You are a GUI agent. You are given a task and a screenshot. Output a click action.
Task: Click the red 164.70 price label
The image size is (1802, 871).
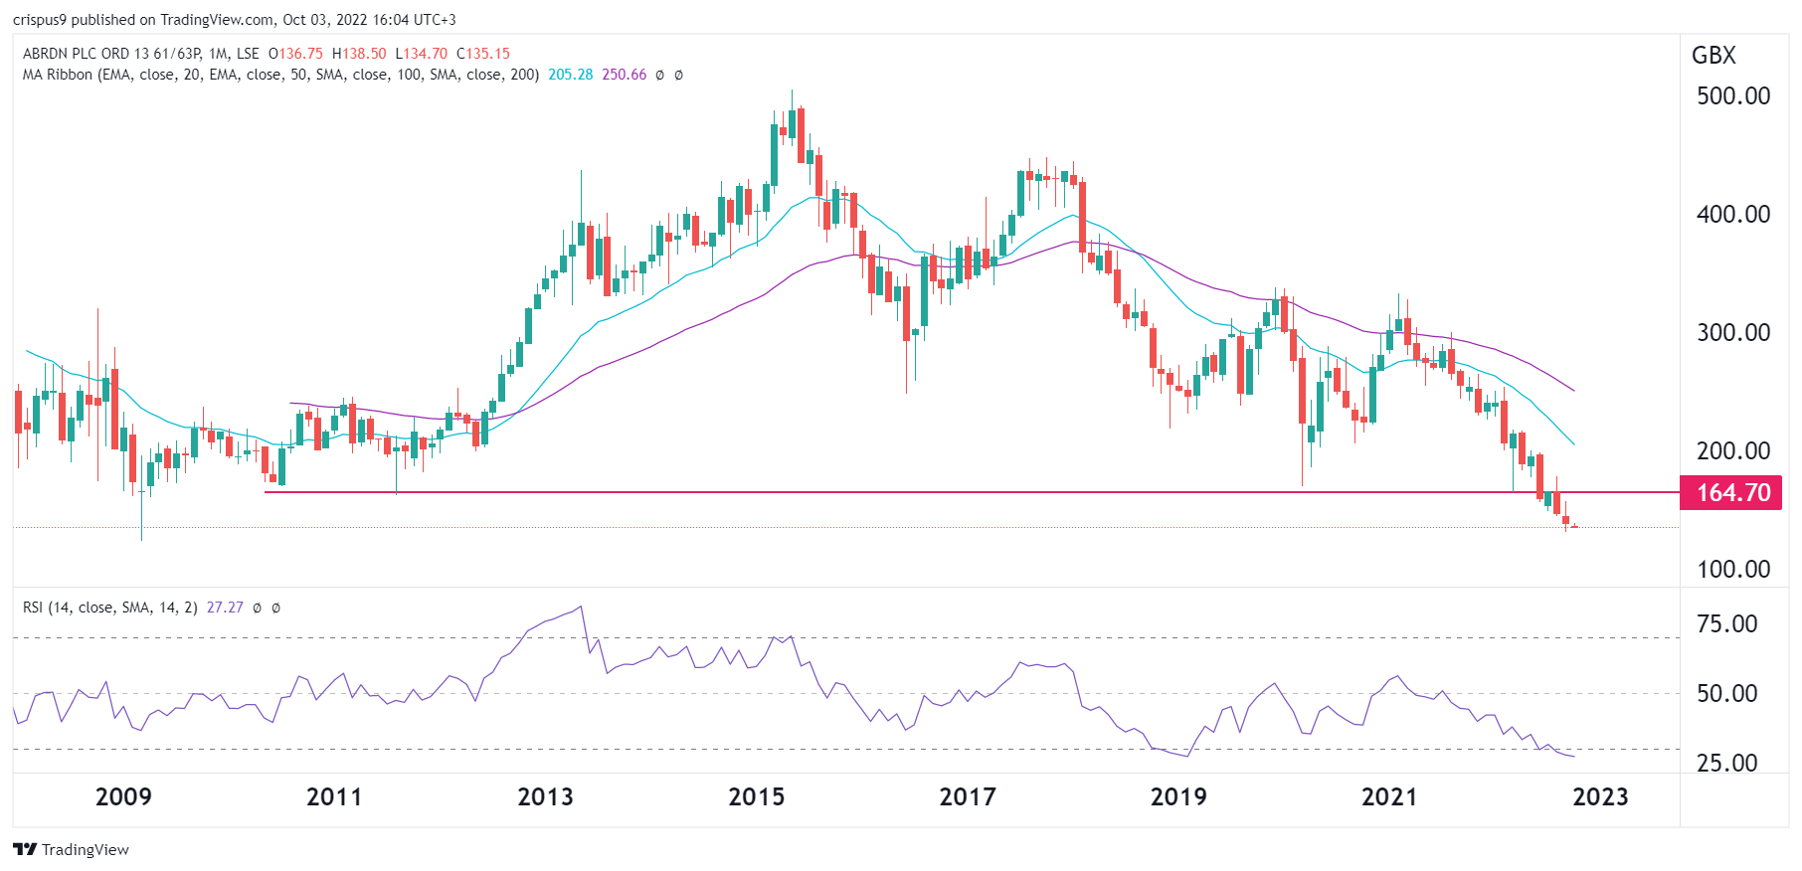tap(1732, 493)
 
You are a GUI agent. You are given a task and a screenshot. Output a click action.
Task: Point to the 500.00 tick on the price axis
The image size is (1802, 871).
tap(1732, 96)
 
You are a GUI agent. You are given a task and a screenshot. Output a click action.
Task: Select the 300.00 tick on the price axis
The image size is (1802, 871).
tap(1732, 333)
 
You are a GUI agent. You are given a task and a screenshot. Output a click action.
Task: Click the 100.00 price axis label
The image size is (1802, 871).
tap(1732, 570)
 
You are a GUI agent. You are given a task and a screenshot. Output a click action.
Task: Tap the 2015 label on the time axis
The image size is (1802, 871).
tap(756, 797)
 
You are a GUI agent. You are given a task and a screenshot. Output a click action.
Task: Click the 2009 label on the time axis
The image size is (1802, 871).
tap(123, 797)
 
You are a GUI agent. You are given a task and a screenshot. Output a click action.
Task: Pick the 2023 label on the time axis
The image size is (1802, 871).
tap(1599, 797)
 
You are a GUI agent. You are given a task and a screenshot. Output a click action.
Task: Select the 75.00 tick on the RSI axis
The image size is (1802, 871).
tap(1726, 624)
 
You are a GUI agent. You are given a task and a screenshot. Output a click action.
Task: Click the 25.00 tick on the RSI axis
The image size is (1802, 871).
tap(1726, 764)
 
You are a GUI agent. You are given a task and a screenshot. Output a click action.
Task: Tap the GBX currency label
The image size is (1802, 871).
tap(1713, 56)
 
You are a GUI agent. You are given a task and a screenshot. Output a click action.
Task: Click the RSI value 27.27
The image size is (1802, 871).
tap(225, 608)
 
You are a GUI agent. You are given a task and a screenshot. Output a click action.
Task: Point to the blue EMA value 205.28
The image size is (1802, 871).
tap(570, 75)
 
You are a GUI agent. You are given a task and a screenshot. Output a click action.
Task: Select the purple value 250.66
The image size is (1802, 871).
tap(624, 75)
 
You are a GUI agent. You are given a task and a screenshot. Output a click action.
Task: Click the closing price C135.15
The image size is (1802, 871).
tap(482, 54)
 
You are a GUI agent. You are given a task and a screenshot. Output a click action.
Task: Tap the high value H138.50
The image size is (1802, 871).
tap(359, 54)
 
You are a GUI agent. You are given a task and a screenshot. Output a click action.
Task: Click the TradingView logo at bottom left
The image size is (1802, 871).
tap(71, 849)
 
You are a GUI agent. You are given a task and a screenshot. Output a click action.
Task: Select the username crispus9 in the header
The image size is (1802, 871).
tap(39, 20)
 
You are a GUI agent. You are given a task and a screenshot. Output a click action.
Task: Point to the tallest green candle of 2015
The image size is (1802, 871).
tap(774, 154)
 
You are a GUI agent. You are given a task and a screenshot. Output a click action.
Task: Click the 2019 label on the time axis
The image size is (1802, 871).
tap(1177, 797)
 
